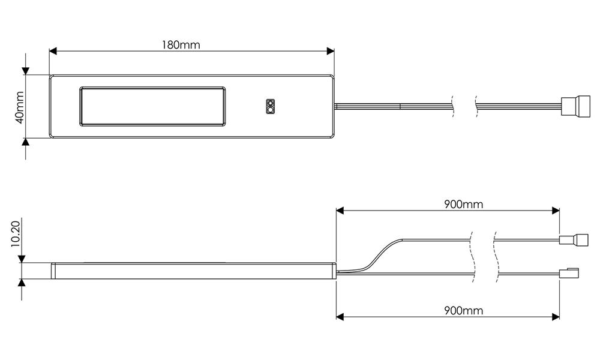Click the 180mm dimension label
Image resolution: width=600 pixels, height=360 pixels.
181,45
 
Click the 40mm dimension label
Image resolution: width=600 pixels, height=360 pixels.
20,107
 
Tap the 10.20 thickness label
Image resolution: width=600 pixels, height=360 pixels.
16,234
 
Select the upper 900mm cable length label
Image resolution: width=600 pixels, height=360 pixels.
463,204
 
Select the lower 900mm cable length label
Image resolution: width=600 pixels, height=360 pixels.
463,310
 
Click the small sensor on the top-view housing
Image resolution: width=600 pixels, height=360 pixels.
271,106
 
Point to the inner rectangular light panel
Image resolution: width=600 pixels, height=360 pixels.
152,106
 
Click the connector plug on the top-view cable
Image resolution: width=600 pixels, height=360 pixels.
575,106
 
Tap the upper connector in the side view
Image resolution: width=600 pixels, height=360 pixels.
574,240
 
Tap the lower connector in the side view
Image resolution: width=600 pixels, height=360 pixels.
569,273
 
